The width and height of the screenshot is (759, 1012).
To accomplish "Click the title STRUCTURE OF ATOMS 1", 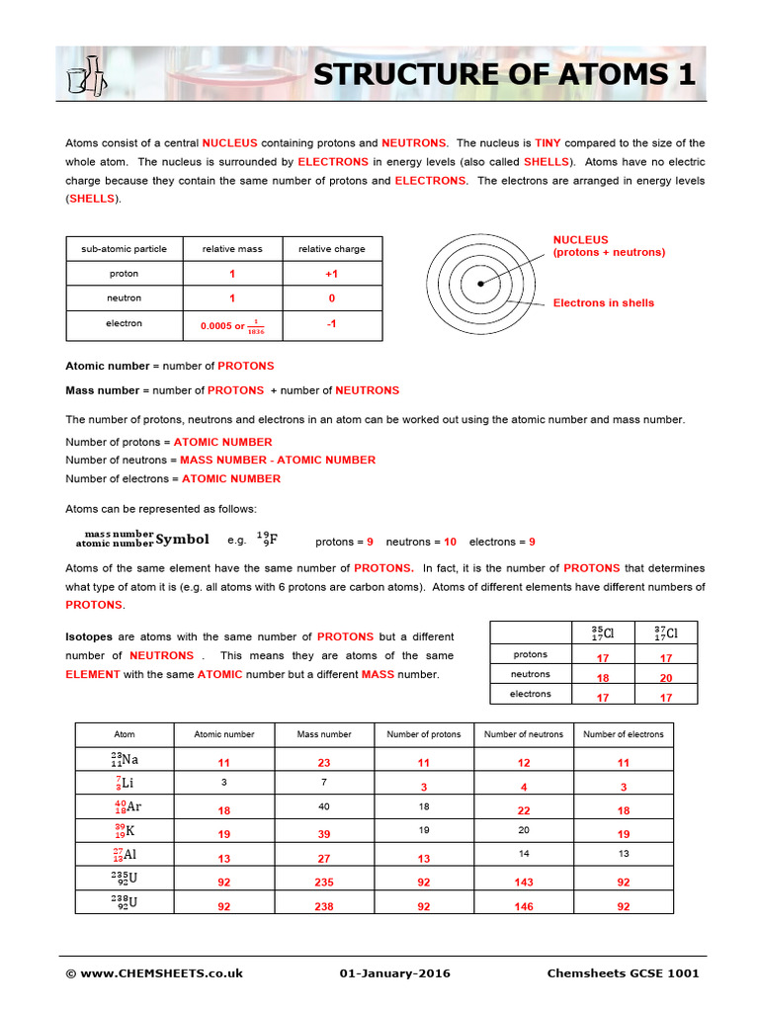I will pos(504,75).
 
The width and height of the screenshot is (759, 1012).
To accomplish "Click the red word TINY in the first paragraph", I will pos(548,143).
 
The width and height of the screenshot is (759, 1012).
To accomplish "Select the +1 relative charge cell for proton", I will pos(331,274).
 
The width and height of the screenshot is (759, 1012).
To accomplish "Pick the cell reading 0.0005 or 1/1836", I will pos(232,325).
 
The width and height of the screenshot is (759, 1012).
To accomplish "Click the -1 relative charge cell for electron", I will pos(331,323).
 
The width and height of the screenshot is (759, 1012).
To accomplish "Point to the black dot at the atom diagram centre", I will pos(479,284).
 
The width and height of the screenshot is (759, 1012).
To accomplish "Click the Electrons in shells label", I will pos(603,303).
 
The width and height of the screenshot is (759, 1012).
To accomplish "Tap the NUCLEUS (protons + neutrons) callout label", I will pos(608,246).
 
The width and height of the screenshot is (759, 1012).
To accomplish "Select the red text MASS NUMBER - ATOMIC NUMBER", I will pos(278,460).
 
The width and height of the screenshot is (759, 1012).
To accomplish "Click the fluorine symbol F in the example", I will pos(273,540).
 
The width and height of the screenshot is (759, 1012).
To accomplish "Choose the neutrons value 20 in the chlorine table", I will pos(665,678).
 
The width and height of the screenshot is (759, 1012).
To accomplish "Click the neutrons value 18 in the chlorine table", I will pos(603,678).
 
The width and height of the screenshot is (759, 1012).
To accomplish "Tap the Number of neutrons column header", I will pos(524,734).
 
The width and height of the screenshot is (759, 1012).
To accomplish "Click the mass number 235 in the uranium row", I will pos(323,883).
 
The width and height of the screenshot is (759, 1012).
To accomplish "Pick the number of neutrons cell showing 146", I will pos(524,906).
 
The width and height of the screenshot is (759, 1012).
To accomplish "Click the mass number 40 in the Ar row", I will pos(323,806).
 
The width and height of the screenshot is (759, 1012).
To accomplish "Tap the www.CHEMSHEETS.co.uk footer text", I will pos(154,973).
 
